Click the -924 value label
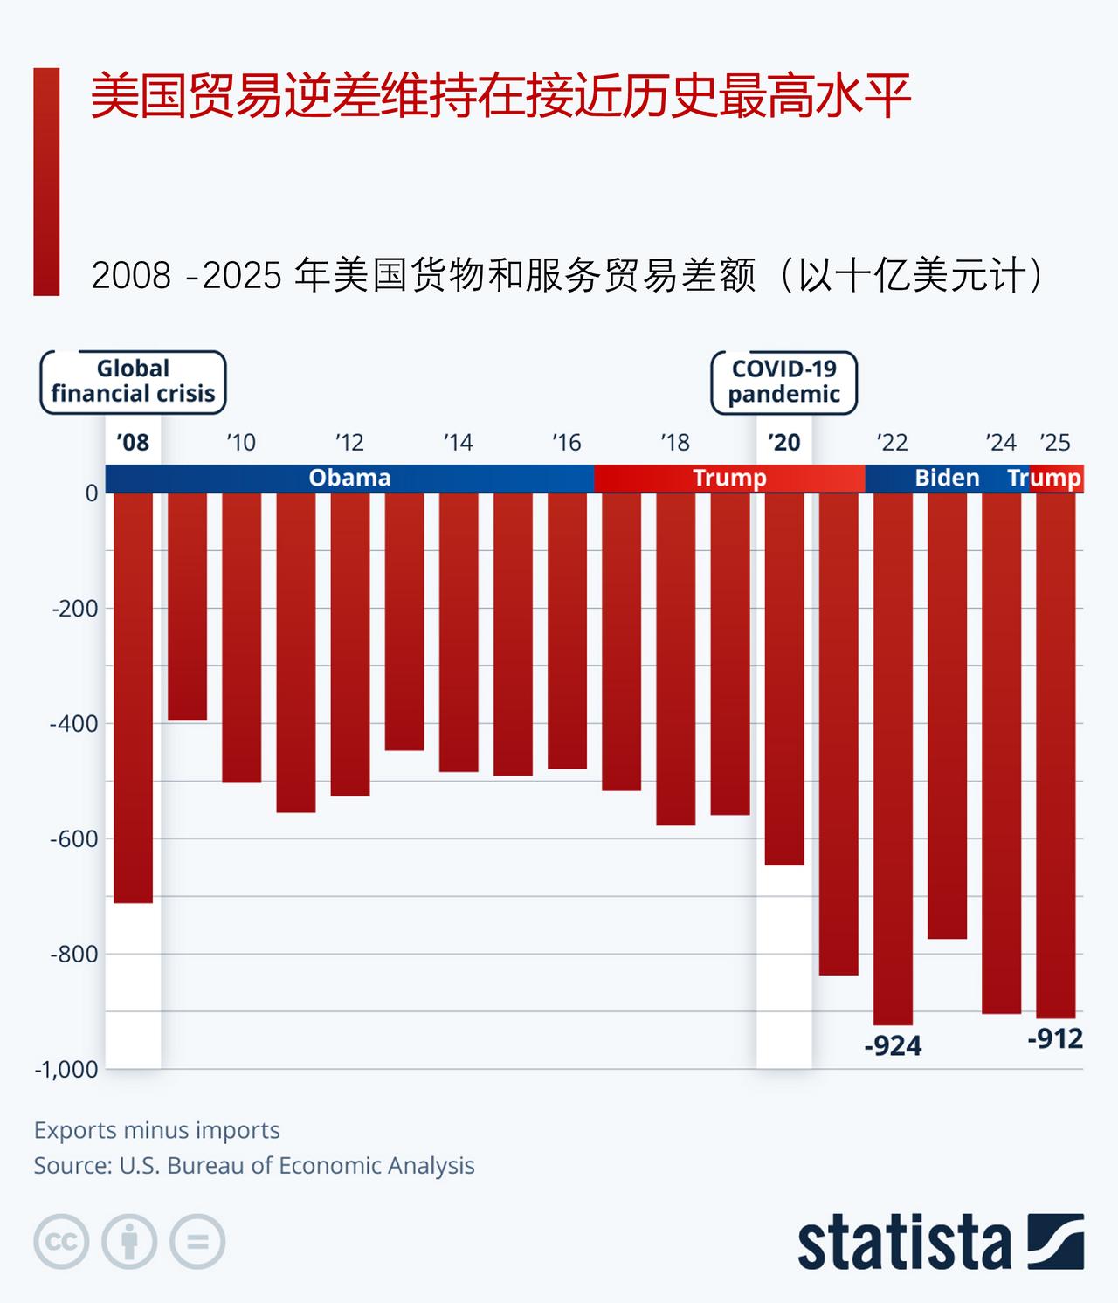893,1045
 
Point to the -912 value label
1055,1038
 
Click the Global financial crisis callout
133,382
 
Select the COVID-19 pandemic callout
783,382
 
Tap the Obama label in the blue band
349,478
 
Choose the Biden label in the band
947,478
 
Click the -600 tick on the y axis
74,838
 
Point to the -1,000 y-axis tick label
66,1070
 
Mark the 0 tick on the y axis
91,493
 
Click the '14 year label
458,443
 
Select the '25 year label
1055,443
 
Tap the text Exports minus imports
157,1130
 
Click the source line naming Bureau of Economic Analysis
254,1166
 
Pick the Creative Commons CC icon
61,1241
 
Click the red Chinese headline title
500,96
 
